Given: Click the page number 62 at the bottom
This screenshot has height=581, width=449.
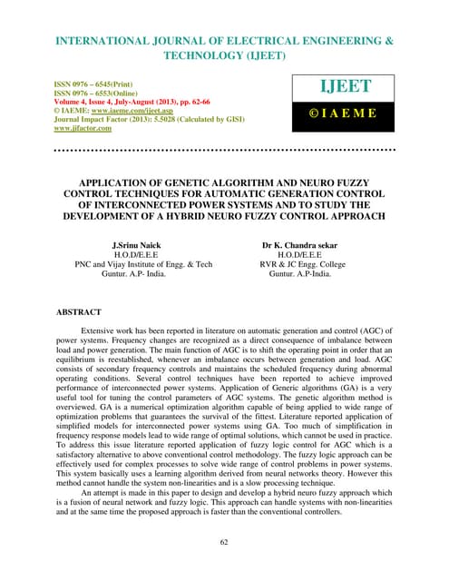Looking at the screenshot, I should (x=225, y=543).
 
